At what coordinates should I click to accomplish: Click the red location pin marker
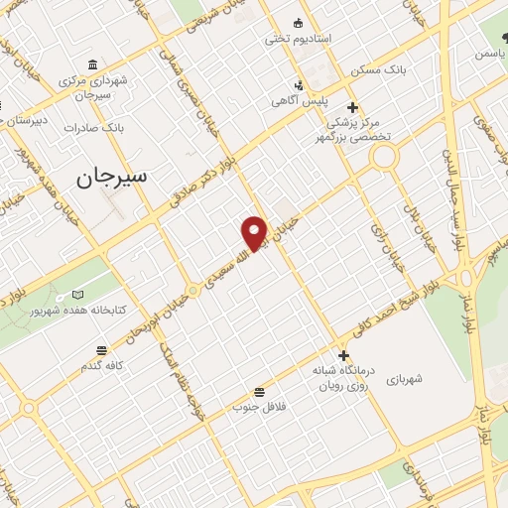pos(255,232)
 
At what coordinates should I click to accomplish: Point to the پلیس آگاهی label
pos(302,101)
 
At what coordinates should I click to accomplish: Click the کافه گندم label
pos(102,366)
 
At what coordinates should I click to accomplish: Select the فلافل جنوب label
pos(259,407)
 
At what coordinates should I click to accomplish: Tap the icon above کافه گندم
pos(102,350)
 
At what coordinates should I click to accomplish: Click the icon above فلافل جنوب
pos(259,391)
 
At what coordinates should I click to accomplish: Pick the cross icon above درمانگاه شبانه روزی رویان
pos(343,355)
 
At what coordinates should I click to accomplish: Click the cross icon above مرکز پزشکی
pos(352,108)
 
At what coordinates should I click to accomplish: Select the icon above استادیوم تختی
pos(298,23)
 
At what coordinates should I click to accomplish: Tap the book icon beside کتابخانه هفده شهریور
pos(77,295)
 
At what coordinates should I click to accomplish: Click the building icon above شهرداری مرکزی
pos(92,63)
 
